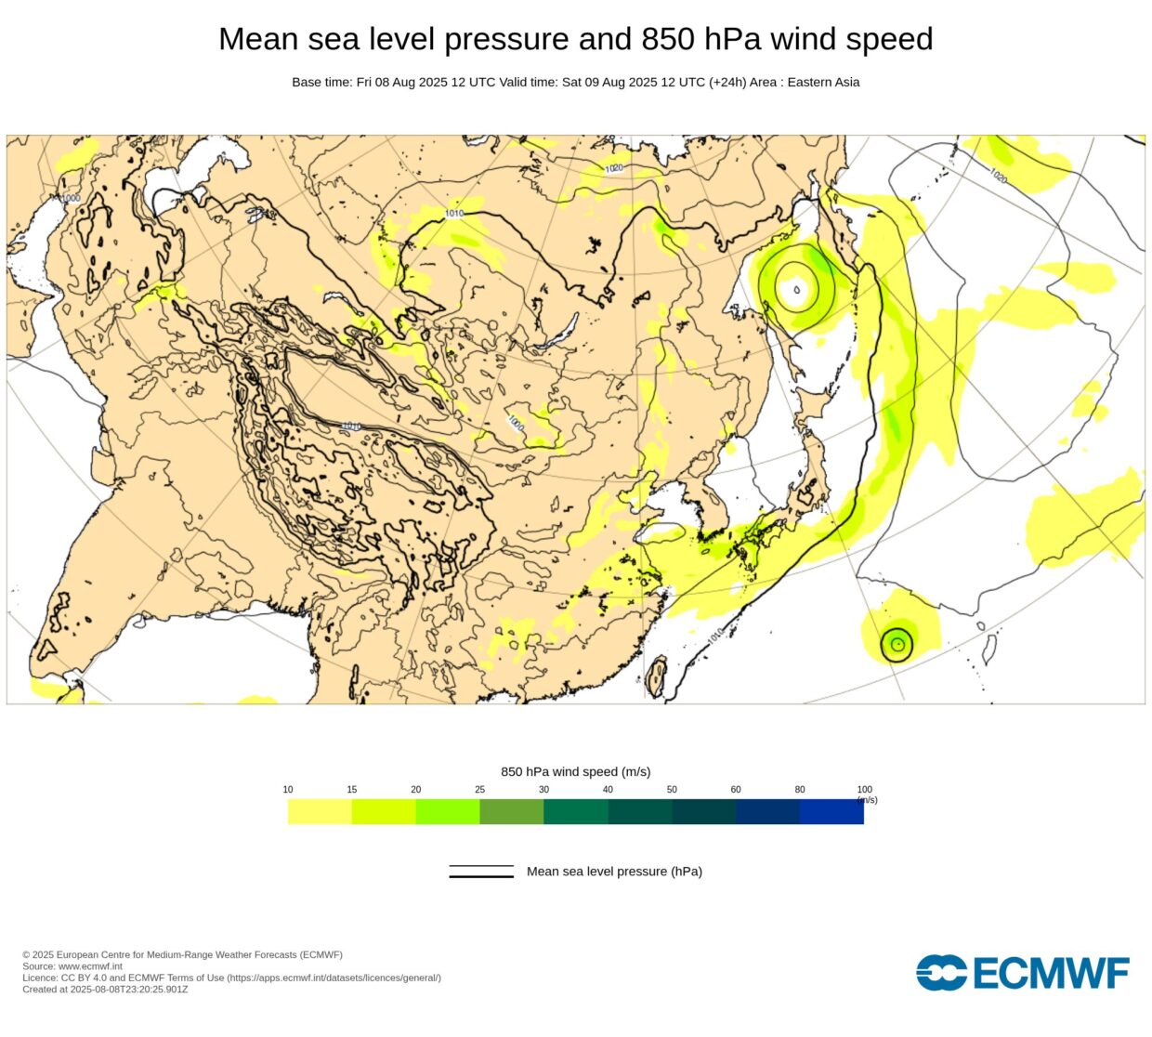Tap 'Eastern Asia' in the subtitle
coord(823,82)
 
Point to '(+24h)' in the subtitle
coord(727,82)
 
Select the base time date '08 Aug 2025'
coord(415,82)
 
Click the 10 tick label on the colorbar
coord(288,790)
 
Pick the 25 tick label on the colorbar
coord(479,790)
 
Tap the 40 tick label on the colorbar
coord(608,790)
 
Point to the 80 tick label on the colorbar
coord(800,790)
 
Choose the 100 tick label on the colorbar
coord(864,790)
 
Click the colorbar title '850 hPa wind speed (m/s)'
coord(575,772)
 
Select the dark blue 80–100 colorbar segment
coord(831,812)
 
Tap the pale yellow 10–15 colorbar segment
coord(320,812)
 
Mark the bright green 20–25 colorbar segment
coord(448,812)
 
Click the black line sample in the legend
coord(481,872)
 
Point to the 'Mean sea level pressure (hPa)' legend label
coord(614,872)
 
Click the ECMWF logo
coord(1022,973)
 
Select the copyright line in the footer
coord(182,955)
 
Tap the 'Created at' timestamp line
coord(105,990)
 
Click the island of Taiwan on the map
coord(657,676)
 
